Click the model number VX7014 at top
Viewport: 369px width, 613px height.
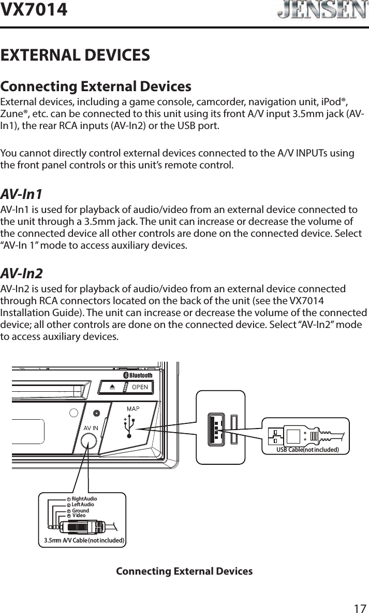(x=34, y=9)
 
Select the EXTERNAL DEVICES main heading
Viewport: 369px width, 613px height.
(x=76, y=54)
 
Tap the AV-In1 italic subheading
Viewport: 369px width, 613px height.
(x=21, y=194)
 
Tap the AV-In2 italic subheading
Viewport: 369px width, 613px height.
(x=21, y=273)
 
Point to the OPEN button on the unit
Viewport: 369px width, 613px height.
(x=138, y=387)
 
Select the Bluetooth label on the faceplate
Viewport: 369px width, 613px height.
(x=138, y=375)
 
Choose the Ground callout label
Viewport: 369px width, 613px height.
(x=80, y=510)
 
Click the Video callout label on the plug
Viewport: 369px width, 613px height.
(x=79, y=516)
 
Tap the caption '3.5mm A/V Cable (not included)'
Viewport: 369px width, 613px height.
(x=84, y=540)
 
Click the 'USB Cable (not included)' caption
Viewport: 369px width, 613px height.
(x=307, y=449)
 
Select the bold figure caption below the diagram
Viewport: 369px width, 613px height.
(x=184, y=572)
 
